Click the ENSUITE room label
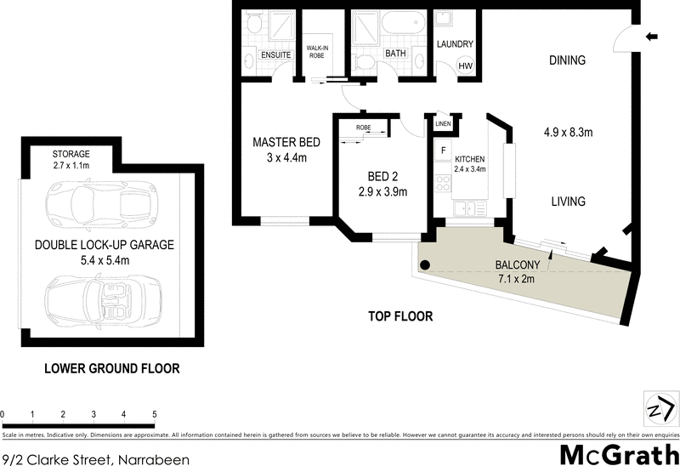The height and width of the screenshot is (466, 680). (277, 55)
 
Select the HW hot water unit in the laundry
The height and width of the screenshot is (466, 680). (466, 66)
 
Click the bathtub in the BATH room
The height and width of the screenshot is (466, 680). (402, 23)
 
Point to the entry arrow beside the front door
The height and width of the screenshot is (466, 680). (652, 37)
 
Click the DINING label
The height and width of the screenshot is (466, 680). (567, 60)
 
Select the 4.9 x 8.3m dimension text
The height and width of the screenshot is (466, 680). (568, 133)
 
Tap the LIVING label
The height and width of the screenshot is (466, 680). (567, 202)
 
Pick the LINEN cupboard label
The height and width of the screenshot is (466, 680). (443, 125)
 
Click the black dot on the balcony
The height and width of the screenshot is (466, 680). (425, 264)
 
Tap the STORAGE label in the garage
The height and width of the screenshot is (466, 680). (71, 154)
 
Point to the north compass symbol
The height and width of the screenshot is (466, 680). (658, 406)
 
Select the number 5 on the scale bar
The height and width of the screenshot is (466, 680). (155, 414)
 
